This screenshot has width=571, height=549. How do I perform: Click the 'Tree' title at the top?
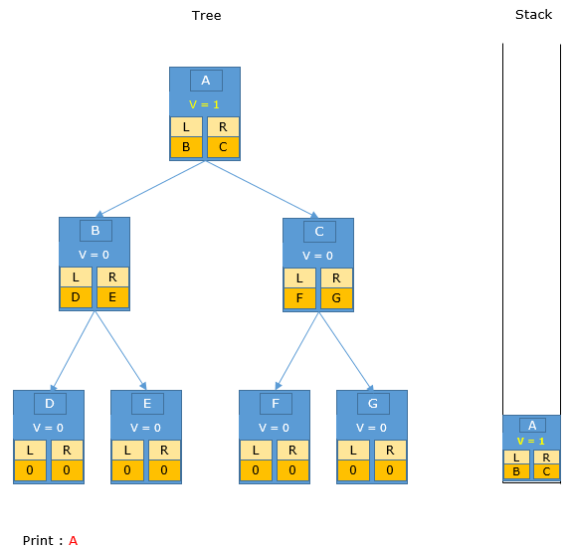pos(206,15)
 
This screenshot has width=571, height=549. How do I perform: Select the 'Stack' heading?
pos(533,15)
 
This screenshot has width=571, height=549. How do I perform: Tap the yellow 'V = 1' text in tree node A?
pos(204,104)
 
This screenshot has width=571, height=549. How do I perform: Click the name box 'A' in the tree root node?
pos(206,81)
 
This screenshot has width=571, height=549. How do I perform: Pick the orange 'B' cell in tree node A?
pos(186,147)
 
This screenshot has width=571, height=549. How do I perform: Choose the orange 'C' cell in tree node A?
pos(223,147)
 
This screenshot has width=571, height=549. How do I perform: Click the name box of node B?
pos(95,231)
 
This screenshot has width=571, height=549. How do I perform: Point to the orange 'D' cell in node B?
pos(76,297)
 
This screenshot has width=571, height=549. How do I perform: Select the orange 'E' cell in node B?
pos(112,297)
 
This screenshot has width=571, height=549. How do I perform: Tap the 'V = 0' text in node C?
pos(317,256)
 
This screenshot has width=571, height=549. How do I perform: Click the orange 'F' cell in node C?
pos(299,298)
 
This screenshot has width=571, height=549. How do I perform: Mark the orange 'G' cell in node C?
pos(337,298)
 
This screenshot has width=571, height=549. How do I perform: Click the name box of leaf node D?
pos(51,404)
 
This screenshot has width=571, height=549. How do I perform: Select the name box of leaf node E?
pos(147,404)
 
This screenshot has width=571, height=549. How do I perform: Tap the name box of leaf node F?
pos(276,404)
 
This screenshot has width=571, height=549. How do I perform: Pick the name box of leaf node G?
pos(373,404)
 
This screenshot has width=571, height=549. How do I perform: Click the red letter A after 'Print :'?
pos(74,541)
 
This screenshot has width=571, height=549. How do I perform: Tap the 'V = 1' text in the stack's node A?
pos(530,442)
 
